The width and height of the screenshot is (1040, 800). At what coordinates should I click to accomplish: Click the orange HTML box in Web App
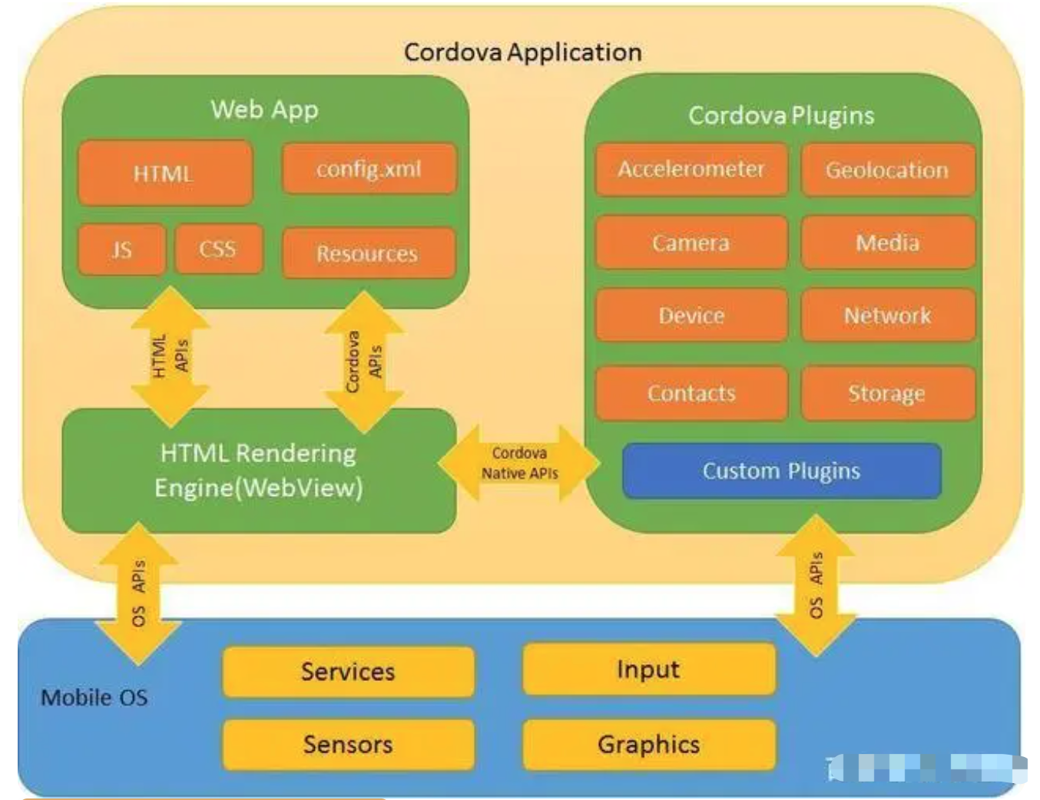(x=164, y=173)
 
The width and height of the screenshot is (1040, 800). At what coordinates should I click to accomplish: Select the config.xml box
(x=369, y=168)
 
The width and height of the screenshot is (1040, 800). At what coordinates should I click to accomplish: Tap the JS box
(x=121, y=250)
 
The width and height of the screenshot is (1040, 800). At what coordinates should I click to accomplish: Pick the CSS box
(x=218, y=249)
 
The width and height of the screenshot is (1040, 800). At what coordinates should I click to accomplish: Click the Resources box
(x=368, y=253)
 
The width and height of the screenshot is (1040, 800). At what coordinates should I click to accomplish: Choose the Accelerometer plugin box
(x=691, y=169)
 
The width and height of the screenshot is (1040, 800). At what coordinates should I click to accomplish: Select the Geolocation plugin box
(x=887, y=170)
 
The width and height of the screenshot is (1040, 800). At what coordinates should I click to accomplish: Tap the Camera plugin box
(x=691, y=243)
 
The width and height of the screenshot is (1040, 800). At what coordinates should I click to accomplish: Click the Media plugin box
(x=887, y=243)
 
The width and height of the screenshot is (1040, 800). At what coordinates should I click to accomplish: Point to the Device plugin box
(x=691, y=316)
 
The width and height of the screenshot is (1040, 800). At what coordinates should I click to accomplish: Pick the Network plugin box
(x=887, y=316)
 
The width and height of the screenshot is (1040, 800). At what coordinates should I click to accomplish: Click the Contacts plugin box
(x=691, y=393)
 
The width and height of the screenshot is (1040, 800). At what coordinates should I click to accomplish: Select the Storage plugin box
(x=887, y=393)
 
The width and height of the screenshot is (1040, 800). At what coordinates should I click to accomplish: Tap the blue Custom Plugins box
(x=781, y=471)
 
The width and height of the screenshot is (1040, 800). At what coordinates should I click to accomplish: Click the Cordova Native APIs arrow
(x=519, y=463)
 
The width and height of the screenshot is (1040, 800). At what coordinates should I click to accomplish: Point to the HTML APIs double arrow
(x=170, y=356)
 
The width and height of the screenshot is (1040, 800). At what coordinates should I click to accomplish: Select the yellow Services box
(x=348, y=672)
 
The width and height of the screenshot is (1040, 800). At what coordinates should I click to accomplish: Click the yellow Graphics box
(x=648, y=744)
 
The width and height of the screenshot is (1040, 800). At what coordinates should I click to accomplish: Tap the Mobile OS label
(x=94, y=697)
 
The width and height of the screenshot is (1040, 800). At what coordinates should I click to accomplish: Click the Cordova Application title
(x=522, y=52)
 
